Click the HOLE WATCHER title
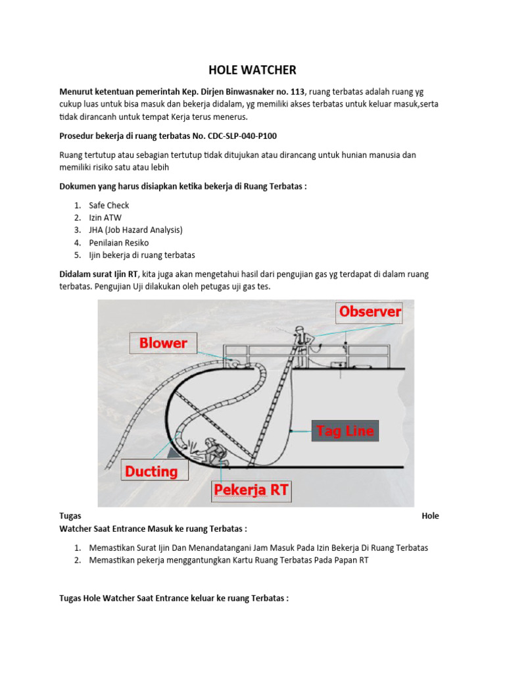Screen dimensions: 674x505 (252, 69)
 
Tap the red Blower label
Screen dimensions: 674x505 (163, 343)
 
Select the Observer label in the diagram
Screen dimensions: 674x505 (370, 312)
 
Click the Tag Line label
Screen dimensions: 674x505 (345, 431)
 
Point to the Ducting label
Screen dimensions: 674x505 (151, 471)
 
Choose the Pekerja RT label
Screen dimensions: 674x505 (251, 490)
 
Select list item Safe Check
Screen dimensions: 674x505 (109, 205)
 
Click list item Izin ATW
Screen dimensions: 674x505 (105, 218)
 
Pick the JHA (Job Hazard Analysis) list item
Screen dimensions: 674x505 (135, 230)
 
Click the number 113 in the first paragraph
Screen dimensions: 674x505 (293, 91)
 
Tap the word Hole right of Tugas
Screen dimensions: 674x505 (430, 516)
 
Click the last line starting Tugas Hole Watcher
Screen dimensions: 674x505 (174, 599)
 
